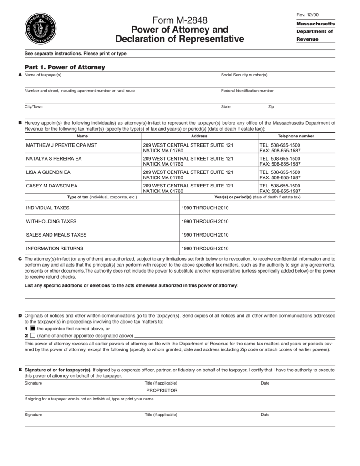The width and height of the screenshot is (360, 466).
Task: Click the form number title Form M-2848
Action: click(180, 20)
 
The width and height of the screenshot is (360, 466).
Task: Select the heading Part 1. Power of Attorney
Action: click(65, 67)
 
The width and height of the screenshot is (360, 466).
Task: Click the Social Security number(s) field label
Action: click(244, 75)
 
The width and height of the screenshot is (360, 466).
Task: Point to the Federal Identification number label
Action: click(247, 91)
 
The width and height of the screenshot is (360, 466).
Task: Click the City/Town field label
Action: click(34, 106)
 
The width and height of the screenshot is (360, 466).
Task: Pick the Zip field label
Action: click(271, 106)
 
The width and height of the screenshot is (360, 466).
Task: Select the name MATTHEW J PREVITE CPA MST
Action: click(61, 145)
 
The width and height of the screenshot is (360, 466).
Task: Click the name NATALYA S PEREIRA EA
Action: click(54, 159)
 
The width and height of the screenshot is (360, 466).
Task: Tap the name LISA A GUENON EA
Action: click(48, 172)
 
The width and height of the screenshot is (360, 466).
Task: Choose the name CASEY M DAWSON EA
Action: click(52, 186)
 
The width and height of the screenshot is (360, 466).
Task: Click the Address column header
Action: click(199, 136)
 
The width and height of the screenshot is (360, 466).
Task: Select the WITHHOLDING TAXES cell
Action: click(51, 221)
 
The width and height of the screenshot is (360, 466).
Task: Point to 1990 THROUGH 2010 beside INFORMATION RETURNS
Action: click(205, 248)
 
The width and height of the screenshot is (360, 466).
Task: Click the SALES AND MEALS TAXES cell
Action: click(56, 235)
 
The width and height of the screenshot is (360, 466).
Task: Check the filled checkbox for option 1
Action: click(33, 328)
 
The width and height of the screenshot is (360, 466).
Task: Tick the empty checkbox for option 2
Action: click(33, 335)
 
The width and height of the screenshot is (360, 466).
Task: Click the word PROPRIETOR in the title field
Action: click(162, 390)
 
